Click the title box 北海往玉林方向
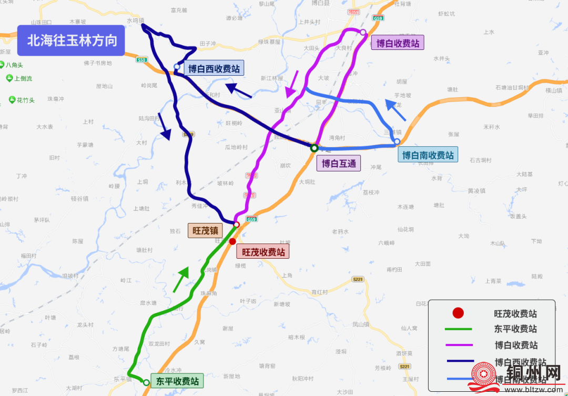coord(71,40)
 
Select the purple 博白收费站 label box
coord(398,43)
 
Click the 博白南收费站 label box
coord(428,155)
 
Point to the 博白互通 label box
coord(339,164)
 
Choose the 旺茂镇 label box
coord(205,230)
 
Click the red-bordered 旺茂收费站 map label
coord(263,252)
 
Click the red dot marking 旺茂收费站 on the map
coord(232,241)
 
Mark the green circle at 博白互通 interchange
coord(314,148)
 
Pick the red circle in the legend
coord(458,313)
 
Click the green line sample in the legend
coord(458,329)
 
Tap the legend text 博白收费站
coord(516,346)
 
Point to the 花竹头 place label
coord(25,100)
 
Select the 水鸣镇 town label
coord(135,21)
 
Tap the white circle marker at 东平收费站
coord(146,383)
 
